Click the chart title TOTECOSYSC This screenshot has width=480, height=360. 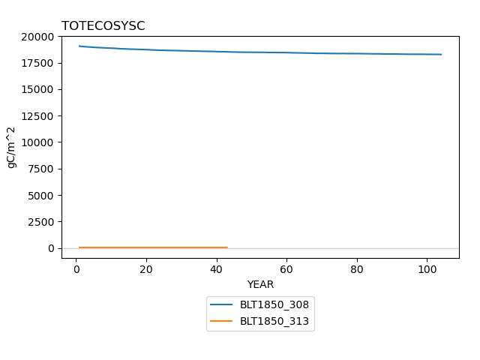point(103,25)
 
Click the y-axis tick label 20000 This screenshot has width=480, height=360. point(37,37)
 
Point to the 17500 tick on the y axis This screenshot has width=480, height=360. point(37,63)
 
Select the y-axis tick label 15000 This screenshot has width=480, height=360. point(37,90)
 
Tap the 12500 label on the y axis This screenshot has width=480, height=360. point(37,116)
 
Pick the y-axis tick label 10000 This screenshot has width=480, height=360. point(37,142)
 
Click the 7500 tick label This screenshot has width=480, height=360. point(40,169)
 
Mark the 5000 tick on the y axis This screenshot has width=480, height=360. point(40,196)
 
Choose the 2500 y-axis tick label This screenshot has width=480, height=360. point(40,222)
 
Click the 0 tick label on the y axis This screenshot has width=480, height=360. point(51,248)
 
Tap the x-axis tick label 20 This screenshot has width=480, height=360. point(146,269)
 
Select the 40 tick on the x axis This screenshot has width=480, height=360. point(217,269)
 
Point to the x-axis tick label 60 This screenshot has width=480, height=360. point(286,269)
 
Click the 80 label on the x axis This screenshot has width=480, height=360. point(357,269)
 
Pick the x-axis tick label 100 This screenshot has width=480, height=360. point(427,269)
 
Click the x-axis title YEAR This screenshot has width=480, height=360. point(260,284)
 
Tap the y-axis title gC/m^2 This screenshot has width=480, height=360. point(11,148)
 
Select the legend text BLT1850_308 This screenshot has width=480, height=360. point(274,304)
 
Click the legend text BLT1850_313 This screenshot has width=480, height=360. point(274,321)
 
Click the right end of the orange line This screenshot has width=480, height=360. point(227,247)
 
